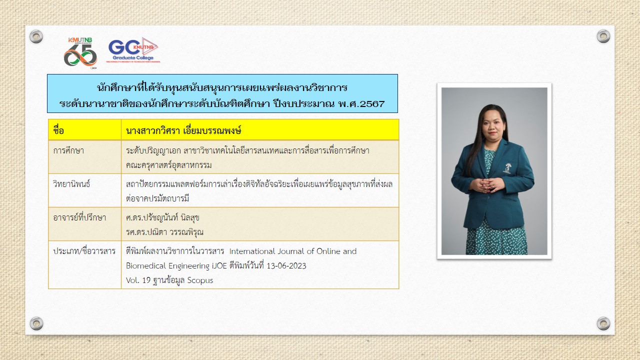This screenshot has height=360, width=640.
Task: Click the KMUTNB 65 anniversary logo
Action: click(80, 53)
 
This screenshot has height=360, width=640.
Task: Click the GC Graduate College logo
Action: click(133, 50)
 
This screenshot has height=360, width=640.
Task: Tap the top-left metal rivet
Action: click(36, 36)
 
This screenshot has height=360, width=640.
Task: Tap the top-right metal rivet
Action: click(603, 36)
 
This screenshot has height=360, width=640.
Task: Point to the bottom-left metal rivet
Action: click(36, 323)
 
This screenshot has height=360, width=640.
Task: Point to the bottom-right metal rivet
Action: click(603, 323)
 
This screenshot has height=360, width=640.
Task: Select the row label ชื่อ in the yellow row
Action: click(58, 130)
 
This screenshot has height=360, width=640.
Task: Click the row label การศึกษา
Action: click(68, 150)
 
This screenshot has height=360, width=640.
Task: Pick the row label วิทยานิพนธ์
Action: click(71, 183)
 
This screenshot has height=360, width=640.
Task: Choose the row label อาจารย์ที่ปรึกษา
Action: click(79, 217)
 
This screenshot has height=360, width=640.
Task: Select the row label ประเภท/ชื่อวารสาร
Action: click(84, 251)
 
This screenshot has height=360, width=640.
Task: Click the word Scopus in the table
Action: click(200, 280)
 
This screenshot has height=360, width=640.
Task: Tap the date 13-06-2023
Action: click(286, 265)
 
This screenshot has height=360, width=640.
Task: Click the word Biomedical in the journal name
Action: click(145, 265)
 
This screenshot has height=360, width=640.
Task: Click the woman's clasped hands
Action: click(487, 185)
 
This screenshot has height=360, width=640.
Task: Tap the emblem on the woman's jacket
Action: click(507, 168)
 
